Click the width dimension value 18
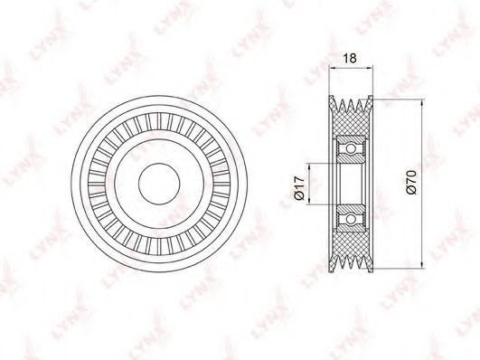pyautogui.click(x=350, y=58)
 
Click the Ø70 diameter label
pyautogui.click(x=411, y=183)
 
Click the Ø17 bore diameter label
pyautogui.click(x=299, y=187)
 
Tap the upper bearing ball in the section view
pyautogui.click(x=351, y=149)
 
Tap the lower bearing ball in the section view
pyautogui.click(x=351, y=219)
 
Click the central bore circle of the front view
pyautogui.click(x=159, y=184)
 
